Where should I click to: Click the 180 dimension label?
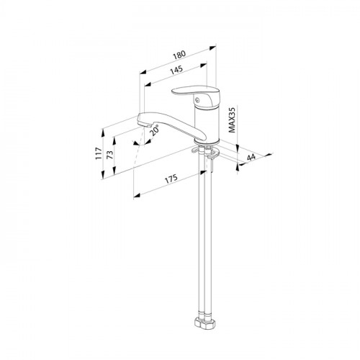click(x=179, y=55)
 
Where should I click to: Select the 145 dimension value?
click(x=176, y=70)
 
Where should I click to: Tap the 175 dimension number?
click(x=171, y=179)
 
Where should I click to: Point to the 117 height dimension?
click(x=99, y=153)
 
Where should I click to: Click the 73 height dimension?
click(x=109, y=155)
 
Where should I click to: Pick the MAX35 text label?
click(x=232, y=120)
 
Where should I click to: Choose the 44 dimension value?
click(x=251, y=158)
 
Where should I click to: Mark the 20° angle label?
click(x=155, y=130)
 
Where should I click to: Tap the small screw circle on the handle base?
click(x=197, y=101)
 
